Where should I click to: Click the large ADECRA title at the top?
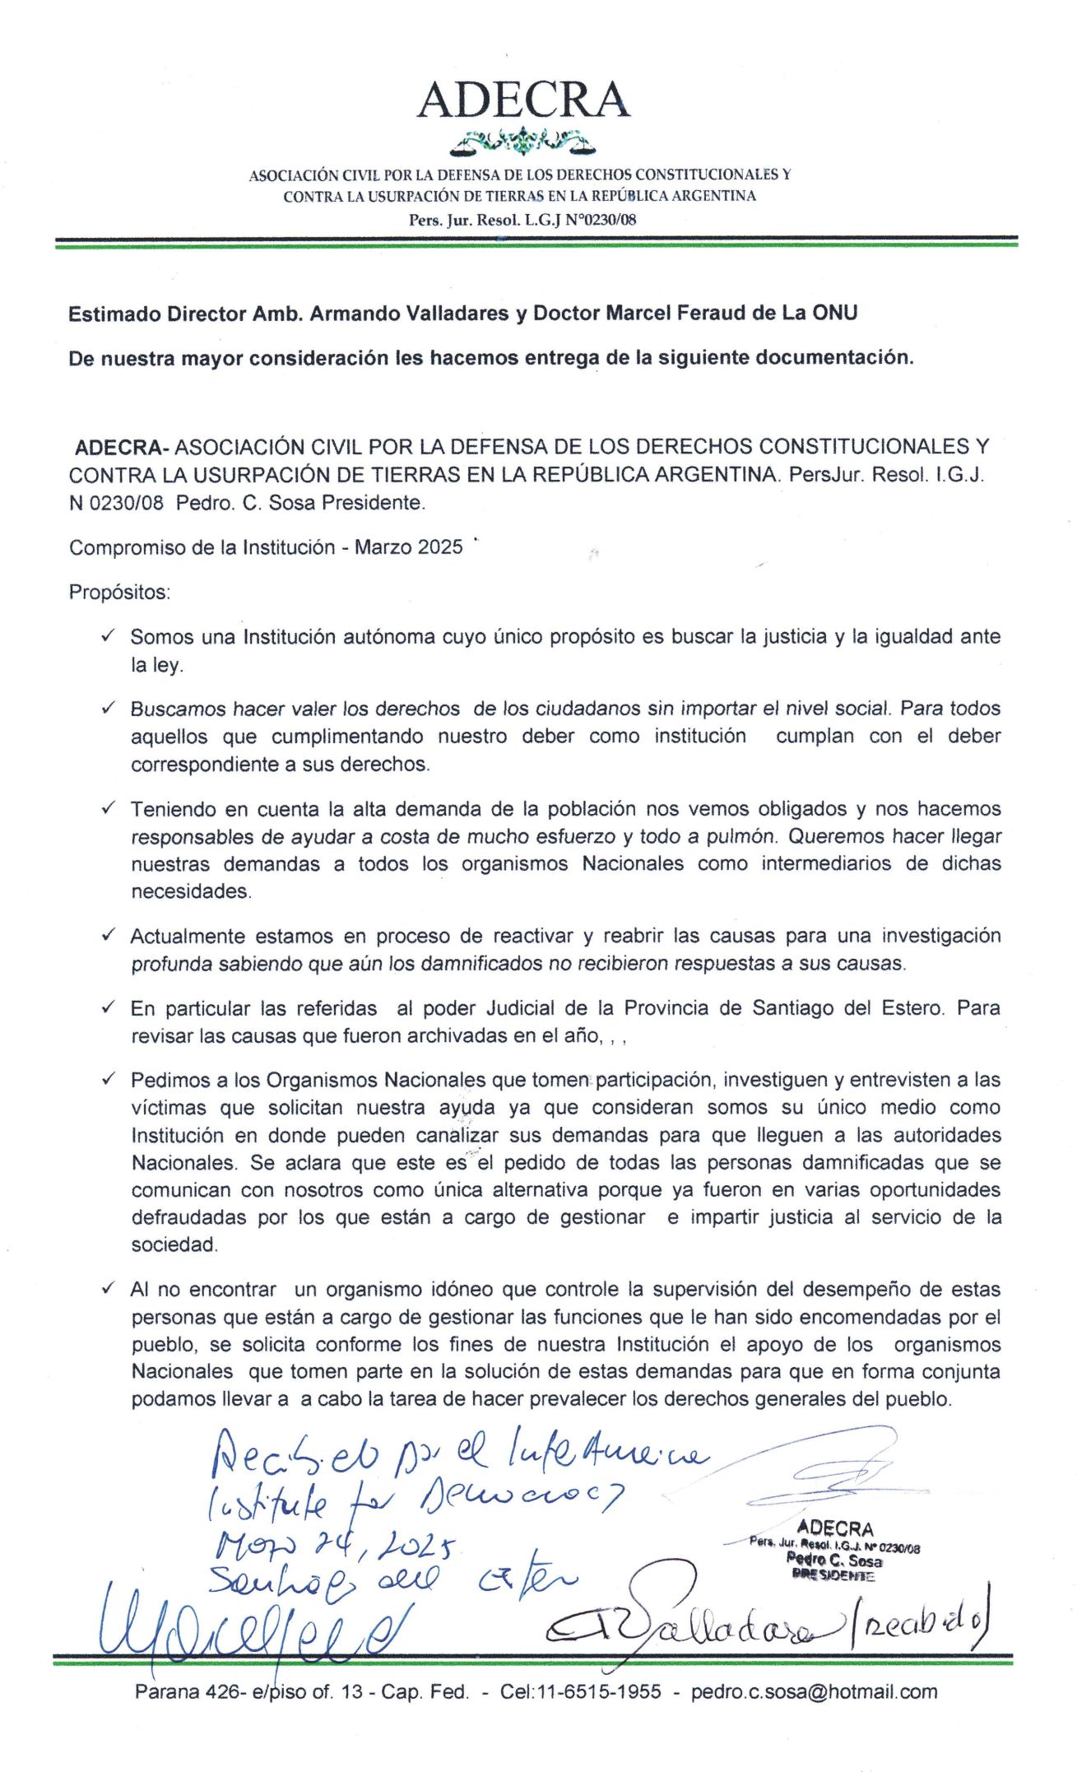pos(523,100)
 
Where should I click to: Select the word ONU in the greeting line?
pos(834,313)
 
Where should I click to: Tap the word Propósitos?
pos(119,592)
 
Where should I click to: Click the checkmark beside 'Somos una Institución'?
pos(108,635)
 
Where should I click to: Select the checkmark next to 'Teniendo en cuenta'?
pos(108,808)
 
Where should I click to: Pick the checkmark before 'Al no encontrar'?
pos(108,1289)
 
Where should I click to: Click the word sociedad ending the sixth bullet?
pos(174,1244)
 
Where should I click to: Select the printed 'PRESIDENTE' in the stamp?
pos(833,1576)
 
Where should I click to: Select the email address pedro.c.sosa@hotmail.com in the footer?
pos(814,1692)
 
